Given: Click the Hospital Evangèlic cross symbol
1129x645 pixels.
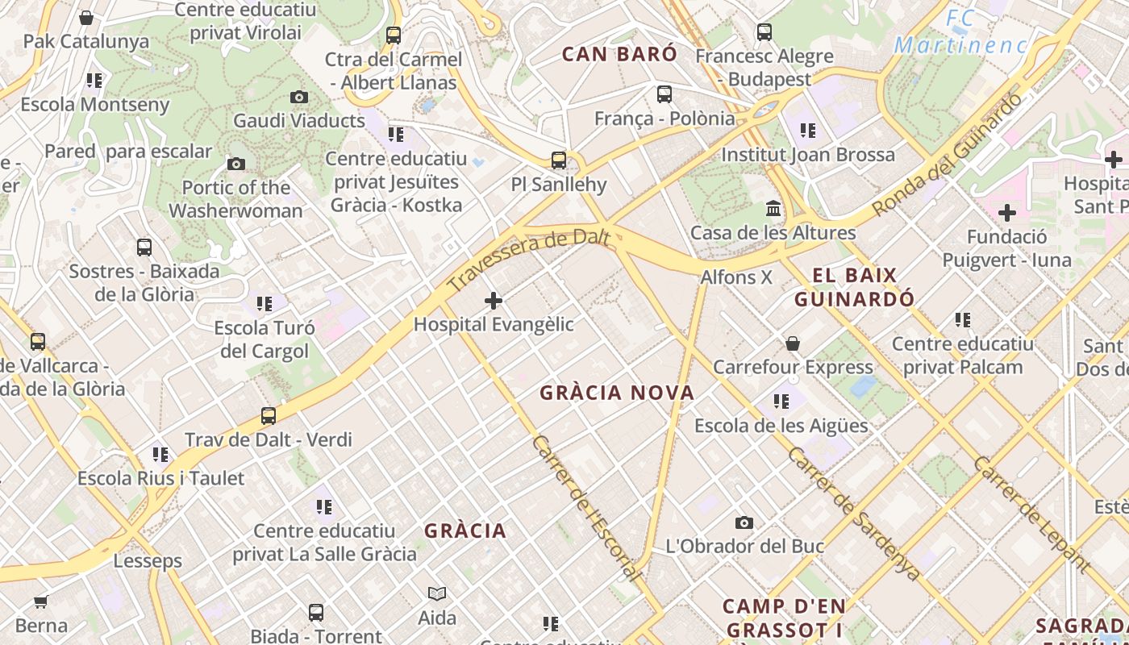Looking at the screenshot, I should [494, 302].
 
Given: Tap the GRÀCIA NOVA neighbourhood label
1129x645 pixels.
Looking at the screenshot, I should [617, 393].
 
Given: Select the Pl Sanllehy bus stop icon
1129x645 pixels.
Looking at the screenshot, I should [559, 160].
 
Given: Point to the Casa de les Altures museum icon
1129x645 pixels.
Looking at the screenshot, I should [774, 209].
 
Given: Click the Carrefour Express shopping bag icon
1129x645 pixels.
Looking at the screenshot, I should [793, 343].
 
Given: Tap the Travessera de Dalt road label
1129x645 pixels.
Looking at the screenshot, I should [528, 260].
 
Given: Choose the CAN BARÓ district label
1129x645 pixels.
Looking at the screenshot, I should [619, 54].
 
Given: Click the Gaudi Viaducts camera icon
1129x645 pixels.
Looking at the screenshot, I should [299, 98].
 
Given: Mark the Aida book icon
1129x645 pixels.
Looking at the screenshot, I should [437, 594].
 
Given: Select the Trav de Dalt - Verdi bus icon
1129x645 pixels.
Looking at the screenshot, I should [269, 416].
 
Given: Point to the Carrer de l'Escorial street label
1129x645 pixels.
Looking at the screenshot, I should [588, 508].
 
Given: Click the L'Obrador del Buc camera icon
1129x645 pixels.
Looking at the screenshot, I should [744, 522].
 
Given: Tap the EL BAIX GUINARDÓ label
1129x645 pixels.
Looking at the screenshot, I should [855, 287].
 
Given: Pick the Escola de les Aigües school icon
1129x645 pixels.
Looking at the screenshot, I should [781, 402].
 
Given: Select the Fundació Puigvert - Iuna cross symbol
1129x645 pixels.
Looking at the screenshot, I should [1007, 214].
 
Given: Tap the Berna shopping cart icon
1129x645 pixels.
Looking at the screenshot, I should [41, 601].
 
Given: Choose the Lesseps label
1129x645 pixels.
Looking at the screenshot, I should [148, 560].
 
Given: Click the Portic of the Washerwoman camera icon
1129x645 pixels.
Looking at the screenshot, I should [235, 164].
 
